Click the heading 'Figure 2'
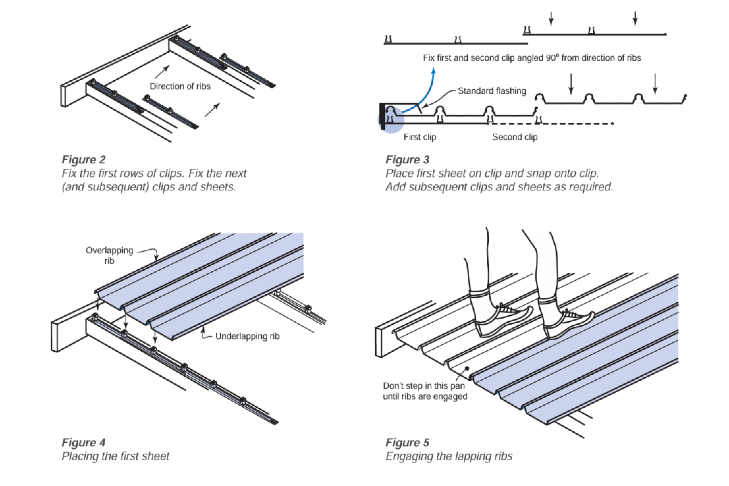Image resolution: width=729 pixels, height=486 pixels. pos(84,160)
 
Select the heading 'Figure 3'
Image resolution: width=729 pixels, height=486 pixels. pos(407,160)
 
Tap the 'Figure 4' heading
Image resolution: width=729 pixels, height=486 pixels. pos(84,442)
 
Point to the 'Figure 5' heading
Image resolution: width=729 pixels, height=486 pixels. pos(407,442)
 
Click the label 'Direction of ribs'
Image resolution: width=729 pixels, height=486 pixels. pos(180,86)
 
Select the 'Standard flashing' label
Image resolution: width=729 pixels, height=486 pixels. pos(492,91)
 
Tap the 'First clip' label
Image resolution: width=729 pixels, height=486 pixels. pos(420,137)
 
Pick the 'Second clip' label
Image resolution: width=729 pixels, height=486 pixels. pos(515,137)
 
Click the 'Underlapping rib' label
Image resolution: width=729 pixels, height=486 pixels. pos(247,336)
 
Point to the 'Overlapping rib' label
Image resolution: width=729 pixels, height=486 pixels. pos(109,255)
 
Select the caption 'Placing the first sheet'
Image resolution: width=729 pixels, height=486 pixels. pos(115,456)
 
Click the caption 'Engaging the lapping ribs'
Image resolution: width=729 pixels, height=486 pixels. pos(449,456)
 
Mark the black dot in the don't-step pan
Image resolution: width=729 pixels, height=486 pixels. pos(467,368)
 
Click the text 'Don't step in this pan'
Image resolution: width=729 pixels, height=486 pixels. pos(424,386)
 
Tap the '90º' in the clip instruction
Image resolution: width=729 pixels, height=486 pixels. pos(552,58)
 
